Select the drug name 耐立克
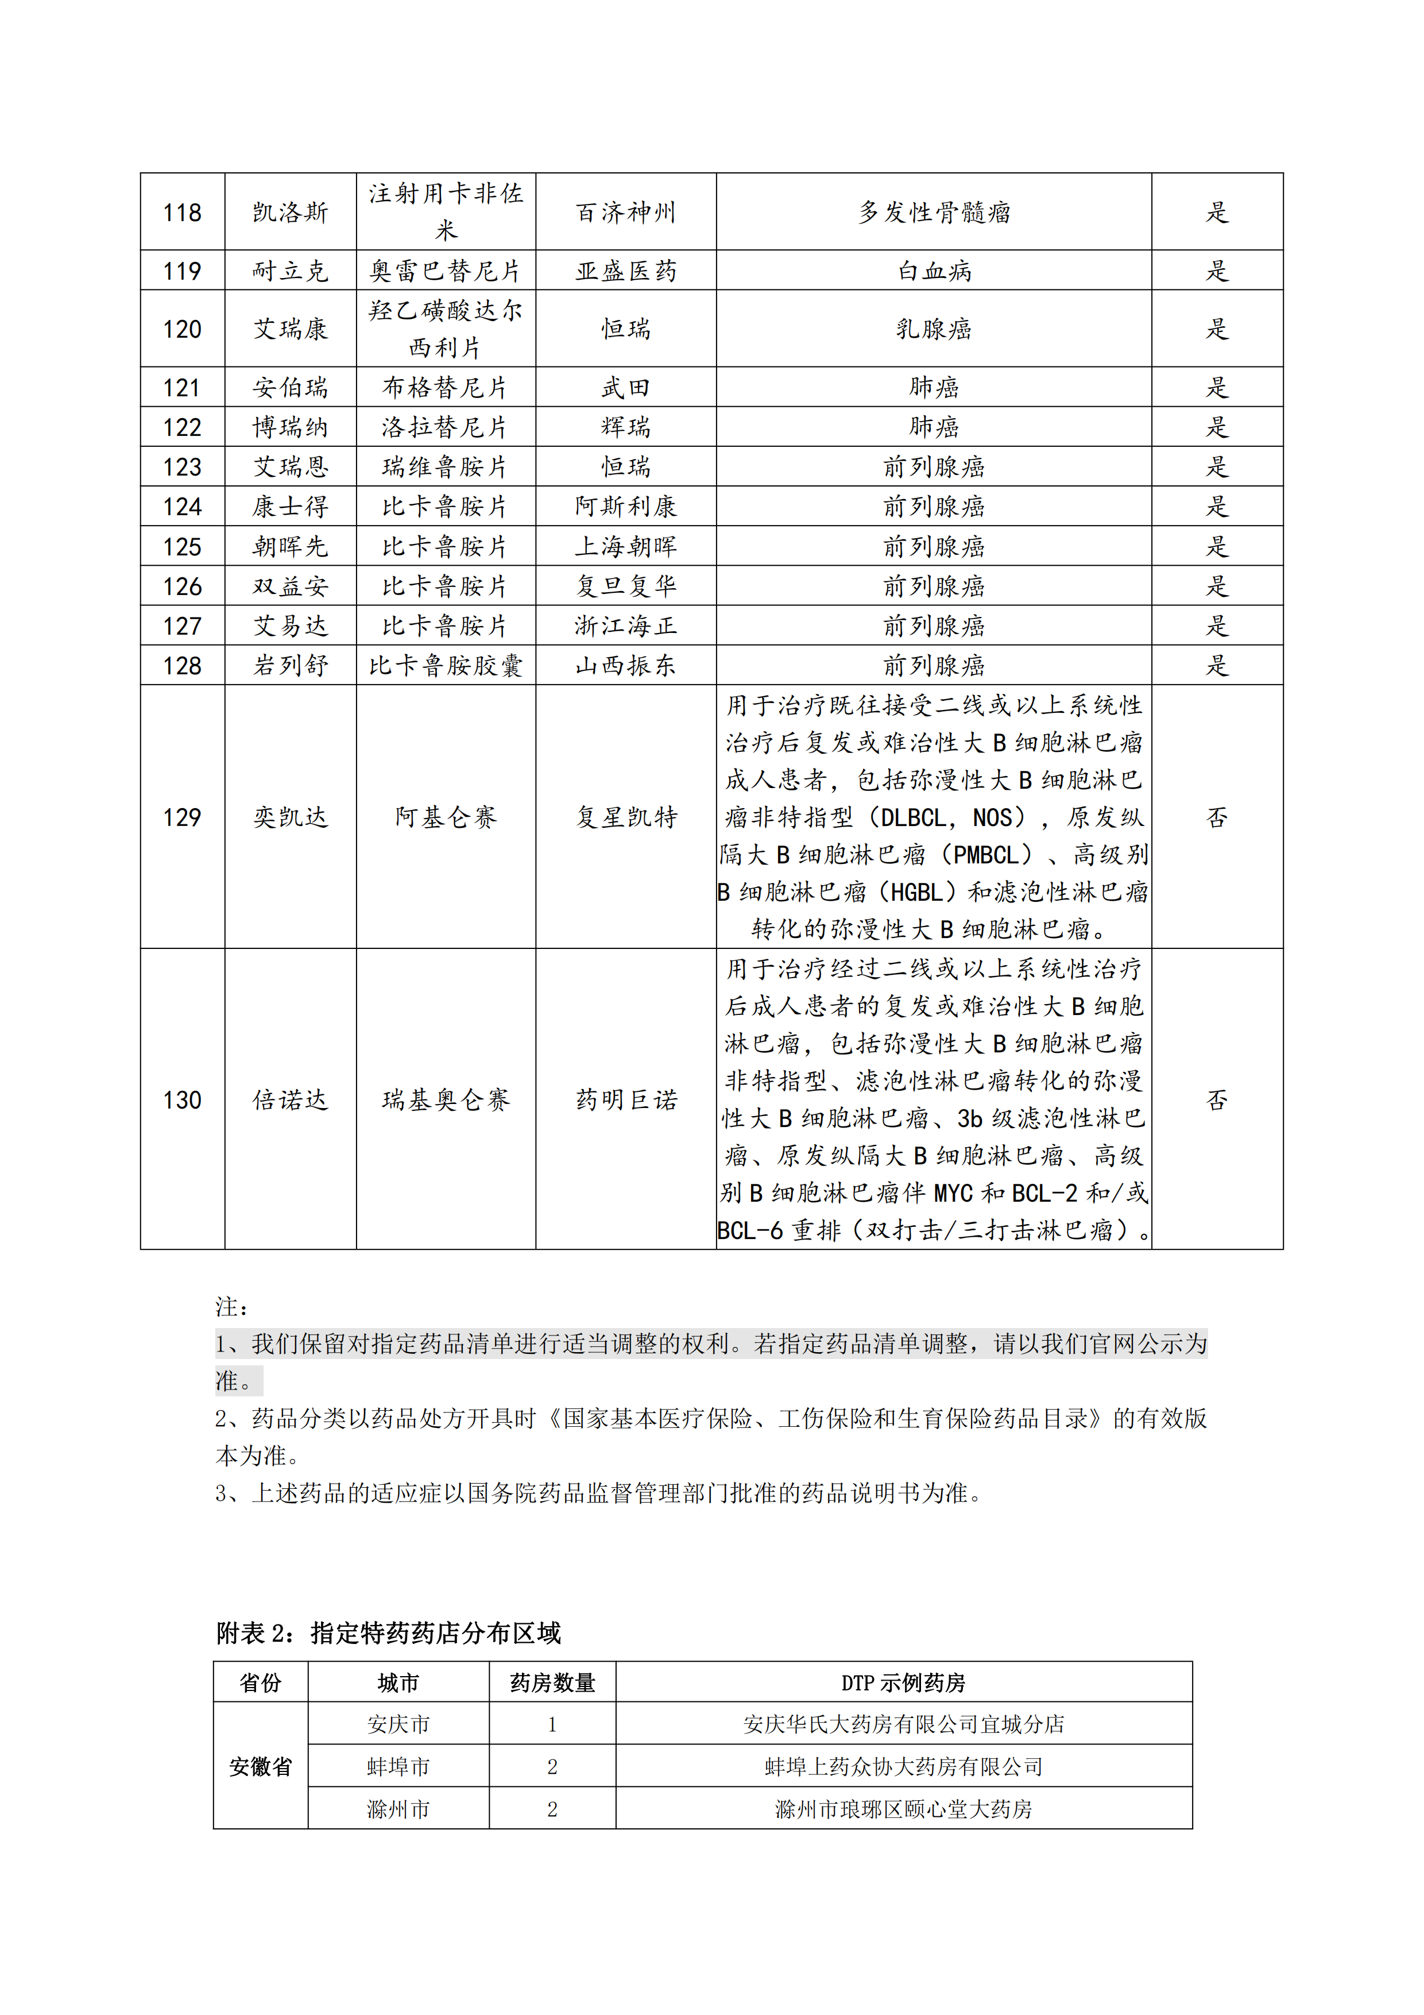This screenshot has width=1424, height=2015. pyautogui.click(x=291, y=271)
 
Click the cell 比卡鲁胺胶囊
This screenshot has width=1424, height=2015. pyautogui.click(x=446, y=665)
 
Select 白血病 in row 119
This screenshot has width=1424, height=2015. pyautogui.click(x=934, y=271)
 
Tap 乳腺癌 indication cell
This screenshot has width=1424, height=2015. pyautogui.click(x=934, y=329)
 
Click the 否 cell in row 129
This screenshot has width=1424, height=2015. pyautogui.click(x=1217, y=817)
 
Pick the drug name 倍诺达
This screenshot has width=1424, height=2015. pyautogui.click(x=291, y=1099)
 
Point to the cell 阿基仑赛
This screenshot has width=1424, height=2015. pyautogui.click(x=446, y=817)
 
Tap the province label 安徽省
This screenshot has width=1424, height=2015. pyautogui.click(x=261, y=1767)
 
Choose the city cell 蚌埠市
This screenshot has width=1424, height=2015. pyautogui.click(x=398, y=1767)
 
